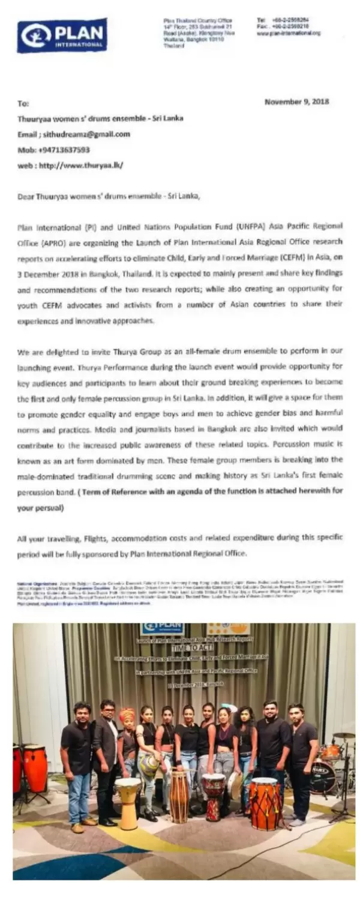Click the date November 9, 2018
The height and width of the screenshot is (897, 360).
[296, 101]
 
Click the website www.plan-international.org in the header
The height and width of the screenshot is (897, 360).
[288, 33]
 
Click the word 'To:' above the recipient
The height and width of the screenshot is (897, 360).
[23, 104]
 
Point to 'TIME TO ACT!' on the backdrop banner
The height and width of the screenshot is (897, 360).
[191, 648]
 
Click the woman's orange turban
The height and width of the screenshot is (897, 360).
[127, 715]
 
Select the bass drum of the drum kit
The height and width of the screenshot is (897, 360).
[323, 778]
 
